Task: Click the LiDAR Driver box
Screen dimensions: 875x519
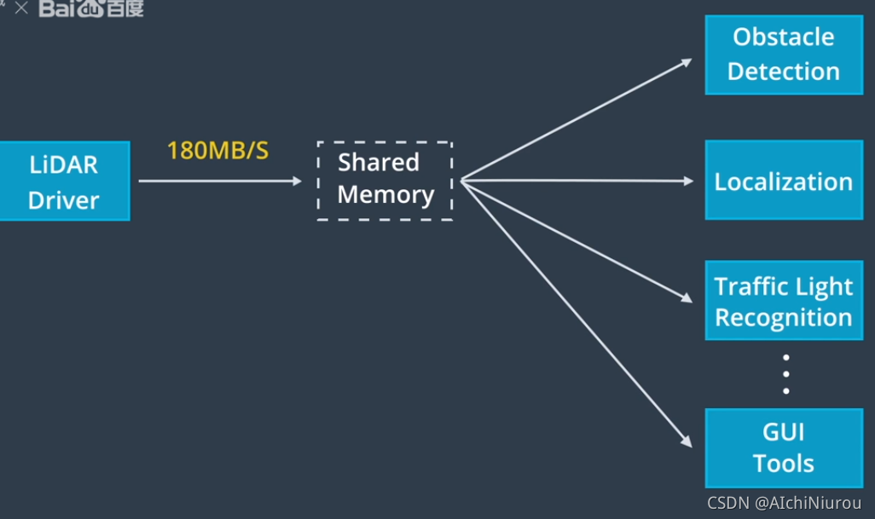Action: (x=64, y=181)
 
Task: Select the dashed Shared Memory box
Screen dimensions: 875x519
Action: (x=384, y=181)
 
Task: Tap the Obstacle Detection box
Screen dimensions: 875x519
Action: (x=783, y=55)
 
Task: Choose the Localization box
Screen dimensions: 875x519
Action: (x=783, y=181)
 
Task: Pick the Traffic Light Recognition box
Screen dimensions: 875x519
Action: (x=783, y=302)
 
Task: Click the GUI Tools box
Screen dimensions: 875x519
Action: (x=783, y=448)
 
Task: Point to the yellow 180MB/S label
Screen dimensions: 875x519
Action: (x=217, y=152)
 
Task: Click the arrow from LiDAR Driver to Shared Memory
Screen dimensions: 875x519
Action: (x=220, y=181)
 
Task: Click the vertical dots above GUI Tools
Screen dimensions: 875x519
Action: (x=785, y=374)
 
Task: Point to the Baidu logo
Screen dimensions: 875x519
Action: (x=91, y=9)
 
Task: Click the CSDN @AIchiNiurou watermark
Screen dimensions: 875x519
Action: (x=784, y=503)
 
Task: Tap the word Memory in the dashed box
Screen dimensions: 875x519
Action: (x=385, y=194)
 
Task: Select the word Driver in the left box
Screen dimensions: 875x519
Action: (x=64, y=200)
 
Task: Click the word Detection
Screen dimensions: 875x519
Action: (x=783, y=72)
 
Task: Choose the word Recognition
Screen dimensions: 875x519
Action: (x=783, y=318)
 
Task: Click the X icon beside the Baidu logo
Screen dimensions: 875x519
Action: (x=21, y=9)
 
